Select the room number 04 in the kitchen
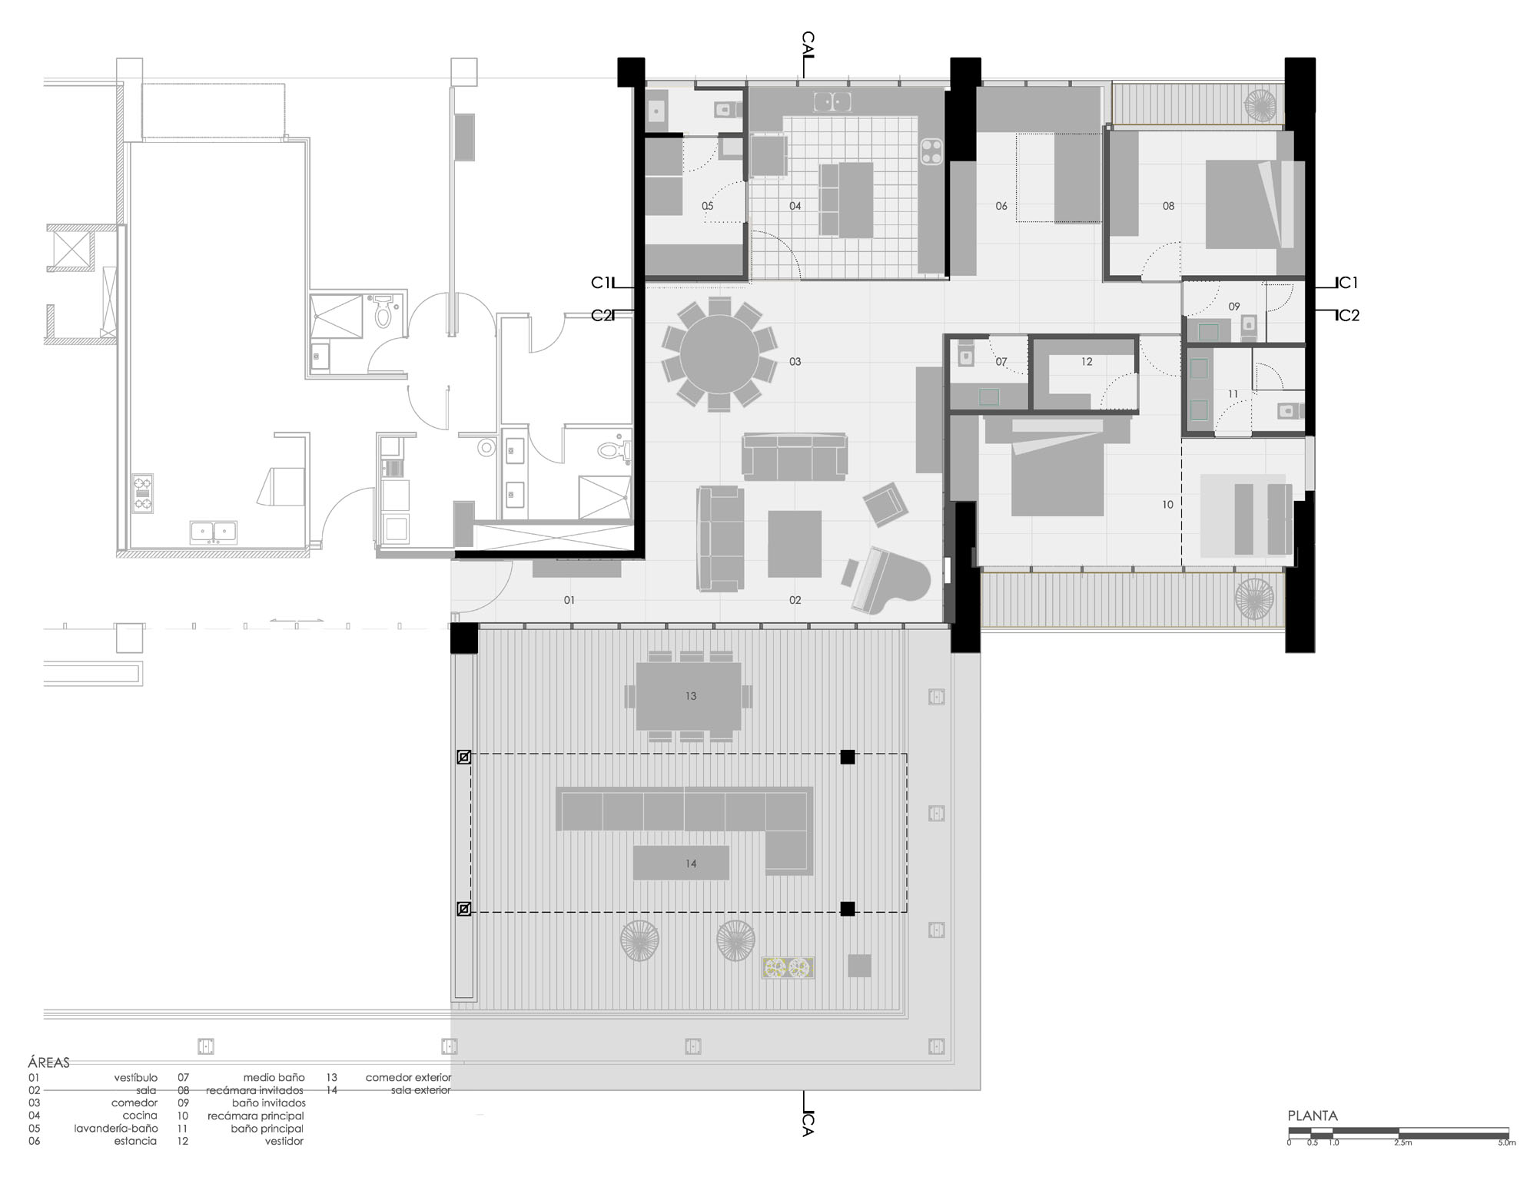click(x=795, y=206)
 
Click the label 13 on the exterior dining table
click(x=691, y=696)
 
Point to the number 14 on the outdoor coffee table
click(x=691, y=864)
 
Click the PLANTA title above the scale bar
click(x=1313, y=1116)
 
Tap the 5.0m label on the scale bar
click(x=1506, y=1143)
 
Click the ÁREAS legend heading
click(x=48, y=1063)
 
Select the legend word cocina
click(x=140, y=1116)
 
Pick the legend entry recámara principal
click(x=256, y=1116)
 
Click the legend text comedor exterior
click(x=408, y=1078)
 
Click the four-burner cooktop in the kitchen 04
click(x=932, y=151)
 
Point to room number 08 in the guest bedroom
click(x=1168, y=206)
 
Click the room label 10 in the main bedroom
click(x=1168, y=505)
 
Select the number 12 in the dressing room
click(x=1087, y=362)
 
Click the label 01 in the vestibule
click(x=569, y=600)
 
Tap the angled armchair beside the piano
click(x=885, y=505)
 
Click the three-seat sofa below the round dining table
click(x=795, y=457)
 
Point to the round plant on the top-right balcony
click(x=1261, y=105)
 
